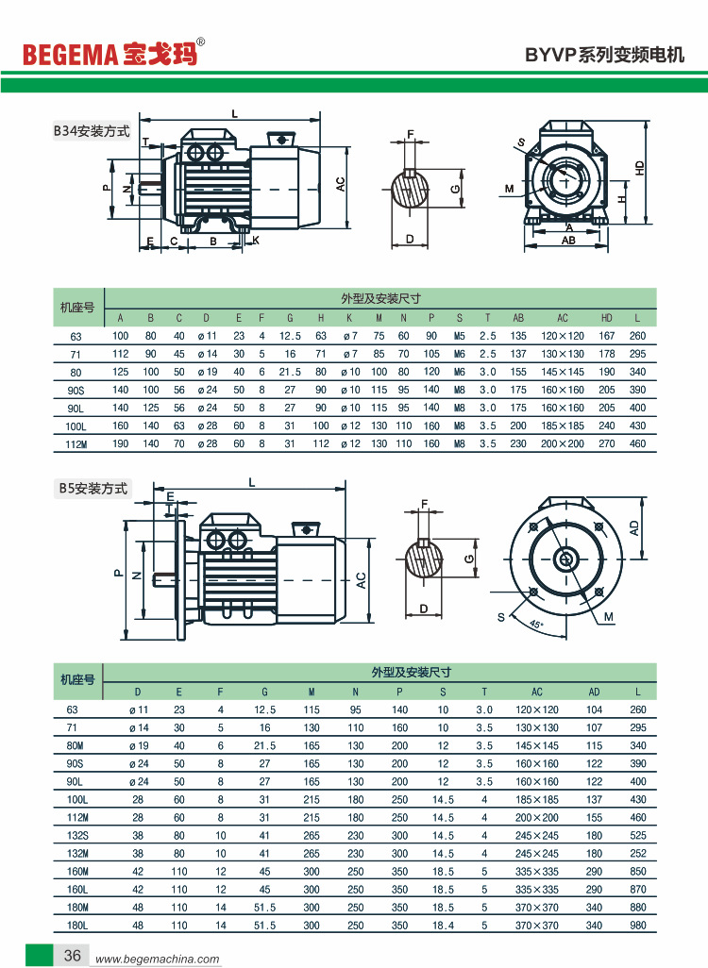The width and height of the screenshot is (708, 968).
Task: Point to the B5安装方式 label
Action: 93,489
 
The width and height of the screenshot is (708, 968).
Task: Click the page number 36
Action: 72,955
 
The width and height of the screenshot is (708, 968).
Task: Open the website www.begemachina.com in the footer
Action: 158,959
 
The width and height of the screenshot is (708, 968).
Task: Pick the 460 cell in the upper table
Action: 638,443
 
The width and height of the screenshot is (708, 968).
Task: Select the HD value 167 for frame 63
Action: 607,336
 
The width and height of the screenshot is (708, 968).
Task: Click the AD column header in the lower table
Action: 594,692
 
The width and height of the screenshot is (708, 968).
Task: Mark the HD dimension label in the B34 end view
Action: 640,167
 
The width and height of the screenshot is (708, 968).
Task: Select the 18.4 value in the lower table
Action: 443,926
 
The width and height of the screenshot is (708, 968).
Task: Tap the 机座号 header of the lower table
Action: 77,678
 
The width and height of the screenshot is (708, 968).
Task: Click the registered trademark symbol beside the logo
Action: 200,42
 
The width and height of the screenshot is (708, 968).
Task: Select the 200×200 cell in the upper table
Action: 562,443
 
